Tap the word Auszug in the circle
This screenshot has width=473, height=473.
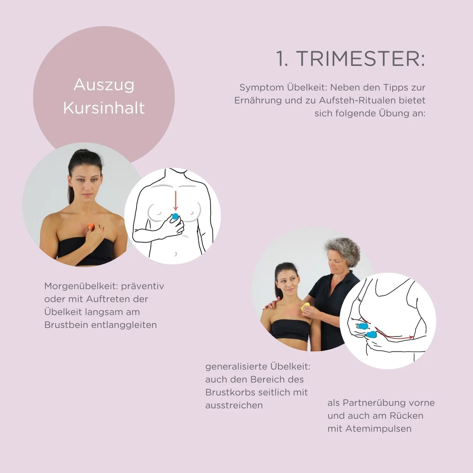(104, 85)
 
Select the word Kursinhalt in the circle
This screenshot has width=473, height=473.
(104, 108)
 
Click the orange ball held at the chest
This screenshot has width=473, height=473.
(91, 226)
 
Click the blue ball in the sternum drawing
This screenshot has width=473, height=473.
(175, 217)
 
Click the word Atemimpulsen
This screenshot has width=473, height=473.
(378, 429)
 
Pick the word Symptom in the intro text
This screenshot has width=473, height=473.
(262, 88)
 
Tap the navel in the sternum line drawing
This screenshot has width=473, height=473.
(176, 254)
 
